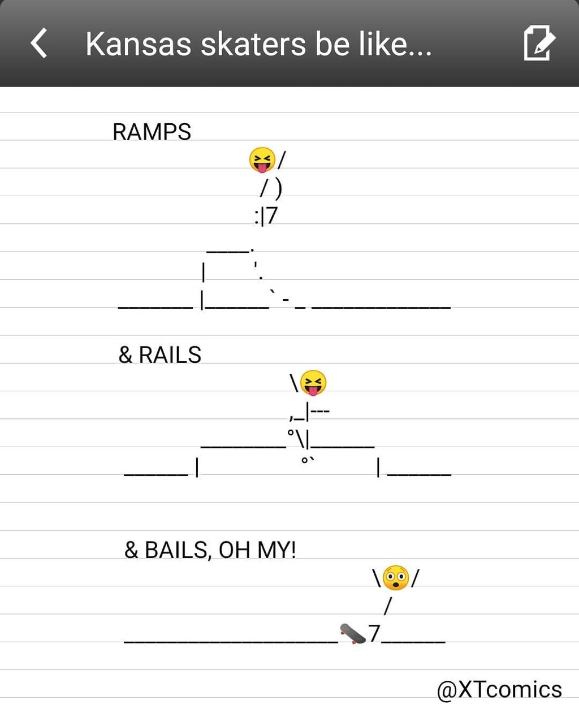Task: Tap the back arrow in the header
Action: pyautogui.click(x=38, y=44)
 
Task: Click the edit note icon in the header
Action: pyautogui.click(x=539, y=42)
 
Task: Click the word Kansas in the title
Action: pyautogui.click(x=138, y=44)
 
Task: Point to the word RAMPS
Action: pyautogui.click(x=152, y=132)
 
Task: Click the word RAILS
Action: pyautogui.click(x=170, y=355)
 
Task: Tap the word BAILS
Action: pyautogui.click(x=176, y=550)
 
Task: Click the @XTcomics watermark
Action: pyautogui.click(x=499, y=689)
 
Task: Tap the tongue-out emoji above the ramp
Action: pyautogui.click(x=262, y=159)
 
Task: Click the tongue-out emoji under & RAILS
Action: pyautogui.click(x=313, y=383)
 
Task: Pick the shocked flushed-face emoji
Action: pyautogui.click(x=396, y=577)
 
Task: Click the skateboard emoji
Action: pyautogui.click(x=353, y=634)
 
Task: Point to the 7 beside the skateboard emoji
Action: pyautogui.click(x=374, y=634)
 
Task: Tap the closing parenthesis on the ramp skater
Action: pyautogui.click(x=278, y=188)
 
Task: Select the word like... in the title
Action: pyautogui.click(x=395, y=44)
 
